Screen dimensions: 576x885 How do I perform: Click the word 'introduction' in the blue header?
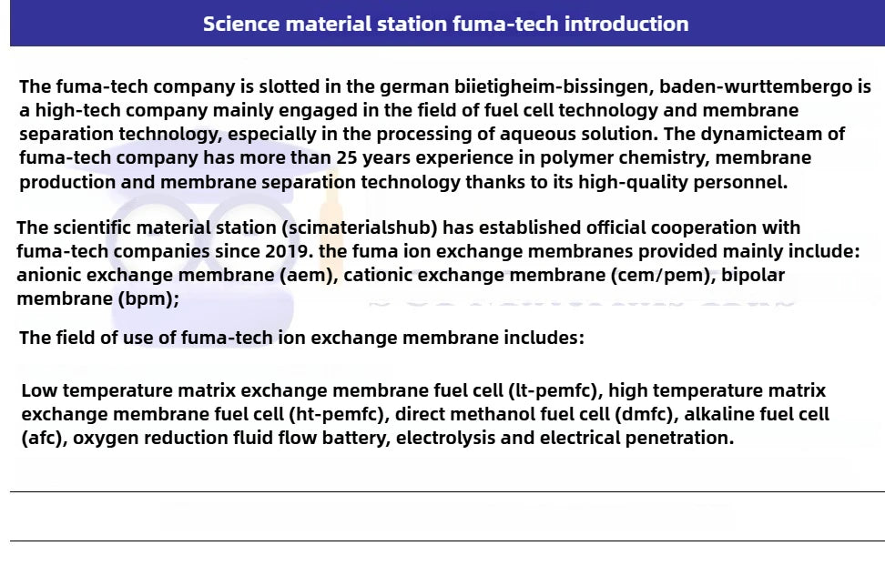click(626, 24)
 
